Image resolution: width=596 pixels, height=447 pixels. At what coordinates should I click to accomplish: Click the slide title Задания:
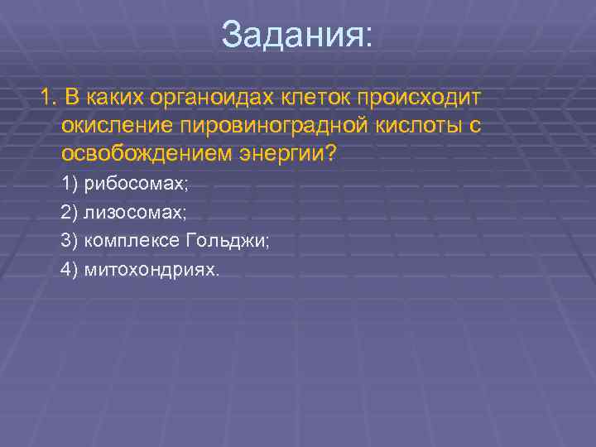point(297,36)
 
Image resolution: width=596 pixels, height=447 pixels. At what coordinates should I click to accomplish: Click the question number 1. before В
point(48,99)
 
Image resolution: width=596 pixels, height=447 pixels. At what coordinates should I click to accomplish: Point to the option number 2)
point(69,213)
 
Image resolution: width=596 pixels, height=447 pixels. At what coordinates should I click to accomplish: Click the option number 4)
point(69,270)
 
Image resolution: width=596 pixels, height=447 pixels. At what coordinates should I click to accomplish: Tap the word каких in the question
point(115,99)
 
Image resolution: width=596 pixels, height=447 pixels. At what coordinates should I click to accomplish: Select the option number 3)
point(69,241)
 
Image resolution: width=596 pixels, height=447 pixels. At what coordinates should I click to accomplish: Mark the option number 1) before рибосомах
point(69,184)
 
